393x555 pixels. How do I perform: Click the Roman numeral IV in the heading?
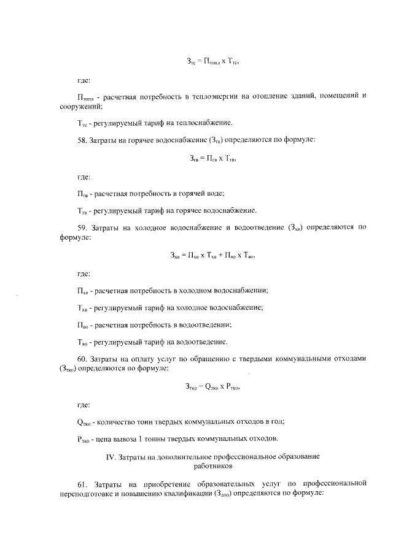(111, 457)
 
